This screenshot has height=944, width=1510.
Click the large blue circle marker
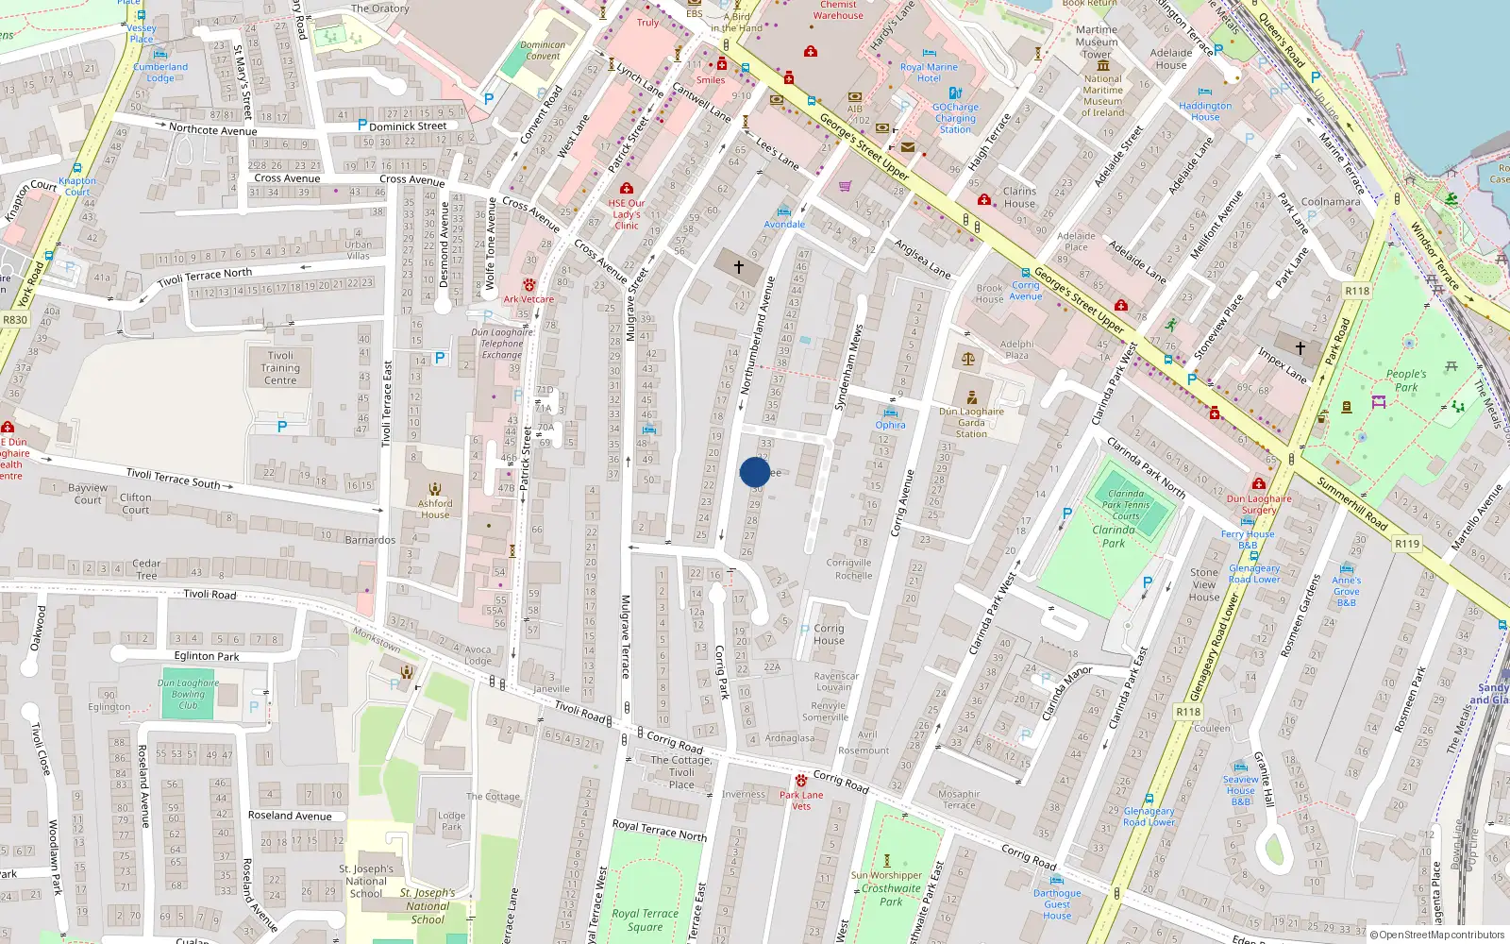pyautogui.click(x=754, y=472)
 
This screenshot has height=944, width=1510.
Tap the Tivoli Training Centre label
pyautogui.click(x=280, y=368)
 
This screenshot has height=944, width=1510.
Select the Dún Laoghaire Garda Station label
pyautogui.click(x=971, y=422)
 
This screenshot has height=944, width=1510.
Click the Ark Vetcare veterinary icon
pyautogui.click(x=529, y=285)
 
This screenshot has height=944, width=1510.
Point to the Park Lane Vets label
pyautogui.click(x=801, y=800)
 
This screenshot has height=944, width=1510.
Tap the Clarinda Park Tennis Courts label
pyautogui.click(x=1126, y=504)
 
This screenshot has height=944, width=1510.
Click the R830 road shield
pyautogui.click(x=15, y=320)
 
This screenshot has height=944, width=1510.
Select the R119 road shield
pyautogui.click(x=1407, y=544)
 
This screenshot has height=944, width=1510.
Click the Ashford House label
pyautogui.click(x=435, y=509)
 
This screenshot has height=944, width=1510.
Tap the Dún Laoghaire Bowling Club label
pyautogui.click(x=188, y=694)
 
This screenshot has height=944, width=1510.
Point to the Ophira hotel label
pyautogui.click(x=890, y=425)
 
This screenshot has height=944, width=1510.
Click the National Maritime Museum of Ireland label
pyautogui.click(x=1102, y=96)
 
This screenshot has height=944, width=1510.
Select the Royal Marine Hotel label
pyautogui.click(x=929, y=73)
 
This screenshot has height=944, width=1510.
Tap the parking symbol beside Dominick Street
pyautogui.click(x=362, y=125)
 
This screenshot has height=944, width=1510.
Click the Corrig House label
pyautogui.click(x=829, y=634)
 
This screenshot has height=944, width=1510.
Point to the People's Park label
pyautogui.click(x=1406, y=380)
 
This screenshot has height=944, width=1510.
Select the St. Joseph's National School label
pyautogui.click(x=366, y=881)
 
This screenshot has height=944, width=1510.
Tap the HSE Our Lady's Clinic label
pyautogui.click(x=627, y=214)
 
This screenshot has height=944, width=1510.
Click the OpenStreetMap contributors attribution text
pyautogui.click(x=1441, y=936)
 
